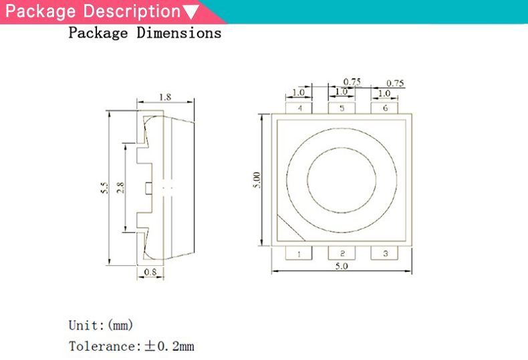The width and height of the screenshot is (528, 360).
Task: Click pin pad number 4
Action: [x=299, y=108]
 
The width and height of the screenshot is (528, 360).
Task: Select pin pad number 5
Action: [x=342, y=108]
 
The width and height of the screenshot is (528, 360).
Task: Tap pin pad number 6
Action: [x=384, y=108]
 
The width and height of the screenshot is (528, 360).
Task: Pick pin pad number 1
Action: [x=299, y=253]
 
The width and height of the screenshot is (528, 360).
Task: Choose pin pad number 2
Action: [x=342, y=253]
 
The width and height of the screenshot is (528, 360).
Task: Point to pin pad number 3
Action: [x=384, y=253]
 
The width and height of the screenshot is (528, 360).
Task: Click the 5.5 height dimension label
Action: [x=105, y=188]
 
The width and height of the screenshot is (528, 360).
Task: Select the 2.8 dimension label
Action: [x=120, y=188]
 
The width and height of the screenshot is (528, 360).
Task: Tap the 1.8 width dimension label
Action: [x=165, y=98]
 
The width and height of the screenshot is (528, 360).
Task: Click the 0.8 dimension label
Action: [x=150, y=272]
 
